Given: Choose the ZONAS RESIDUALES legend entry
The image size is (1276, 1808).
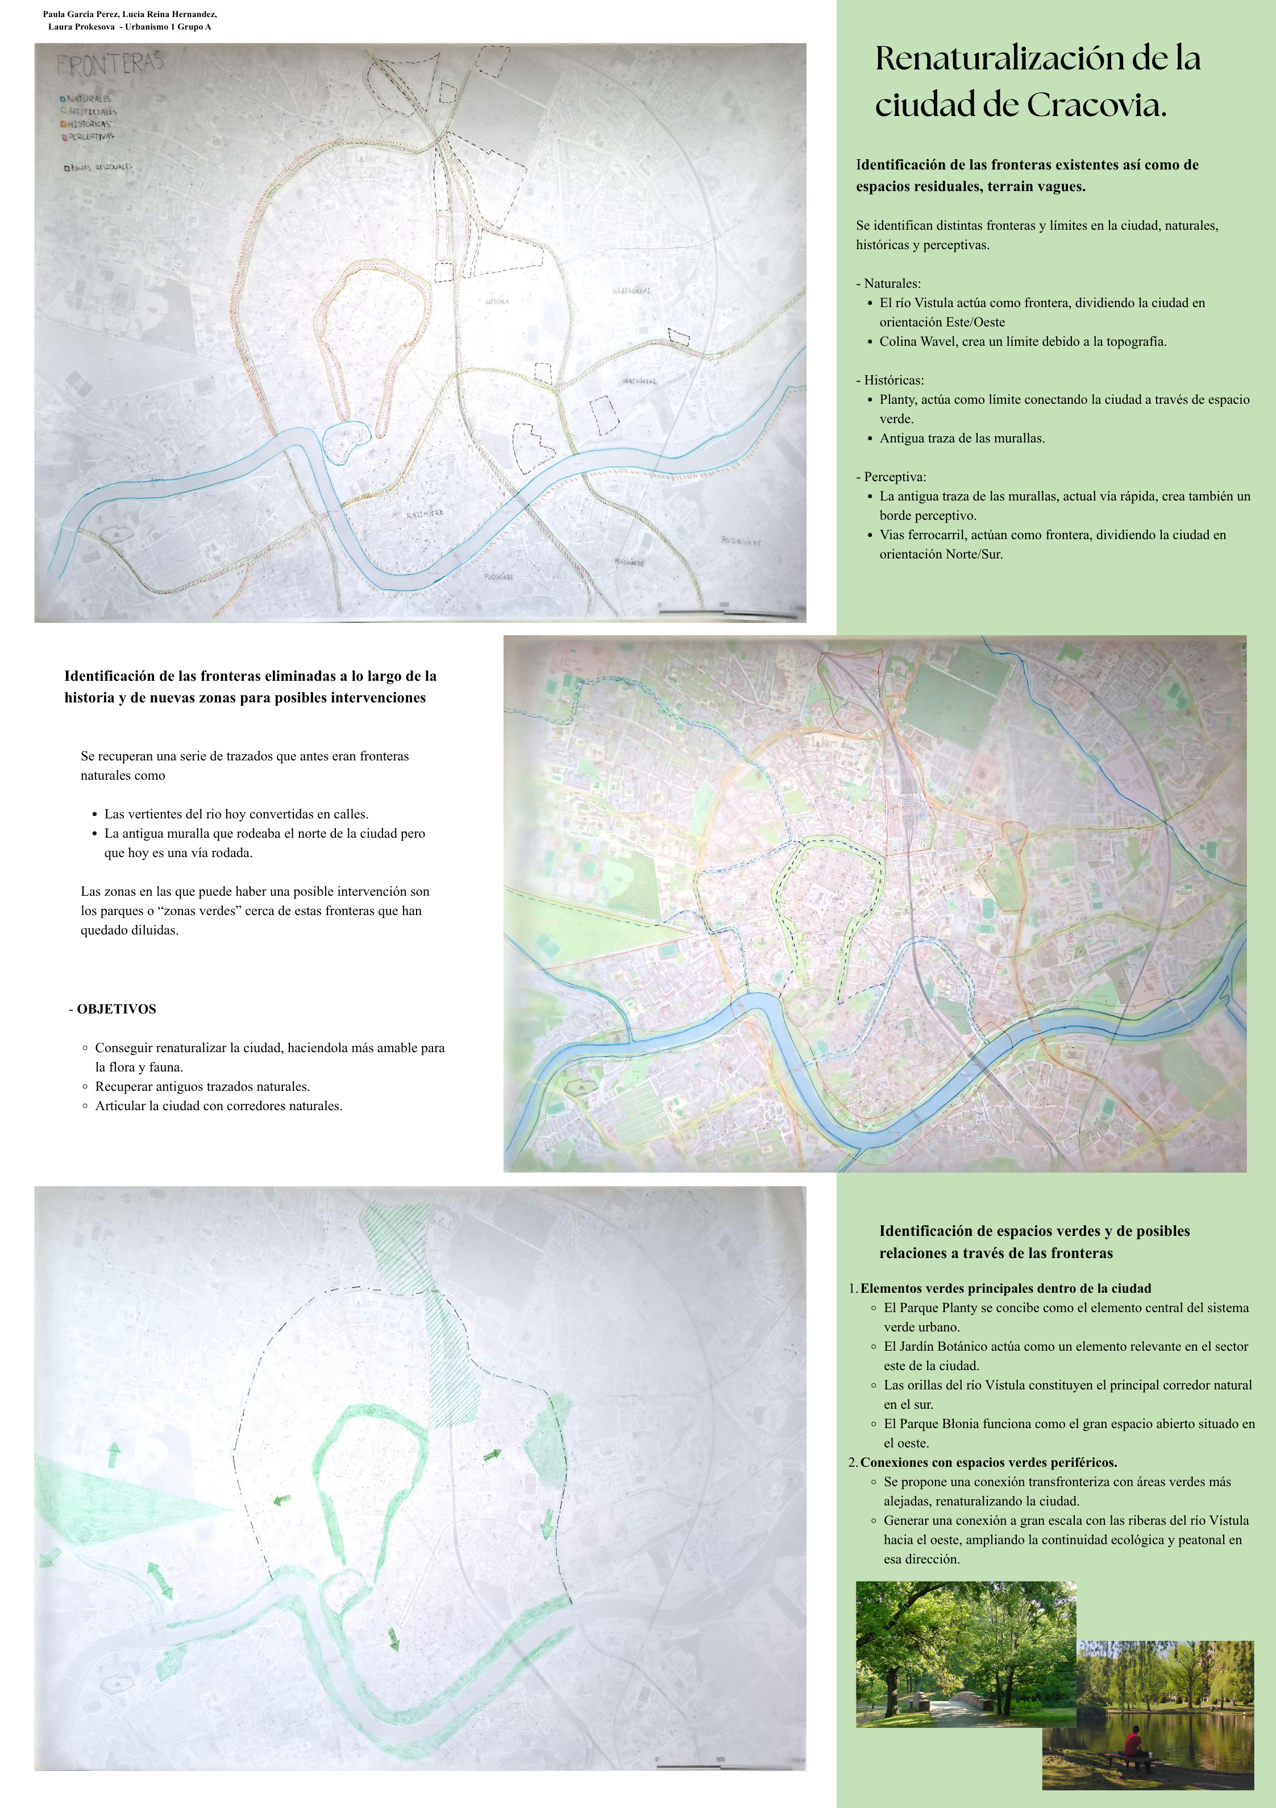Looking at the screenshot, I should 99,167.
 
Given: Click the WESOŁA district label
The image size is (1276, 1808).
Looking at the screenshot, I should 497,301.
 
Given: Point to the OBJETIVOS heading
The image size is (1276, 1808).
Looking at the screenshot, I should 116,1009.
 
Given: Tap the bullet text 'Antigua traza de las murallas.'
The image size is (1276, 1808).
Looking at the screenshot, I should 962,438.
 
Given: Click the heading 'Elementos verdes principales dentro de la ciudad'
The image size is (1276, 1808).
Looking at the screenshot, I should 1005,1288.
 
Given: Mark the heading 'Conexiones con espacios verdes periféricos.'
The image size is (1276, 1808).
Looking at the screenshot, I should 988,1462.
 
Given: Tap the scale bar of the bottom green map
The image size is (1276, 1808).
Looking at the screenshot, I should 689,1765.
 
